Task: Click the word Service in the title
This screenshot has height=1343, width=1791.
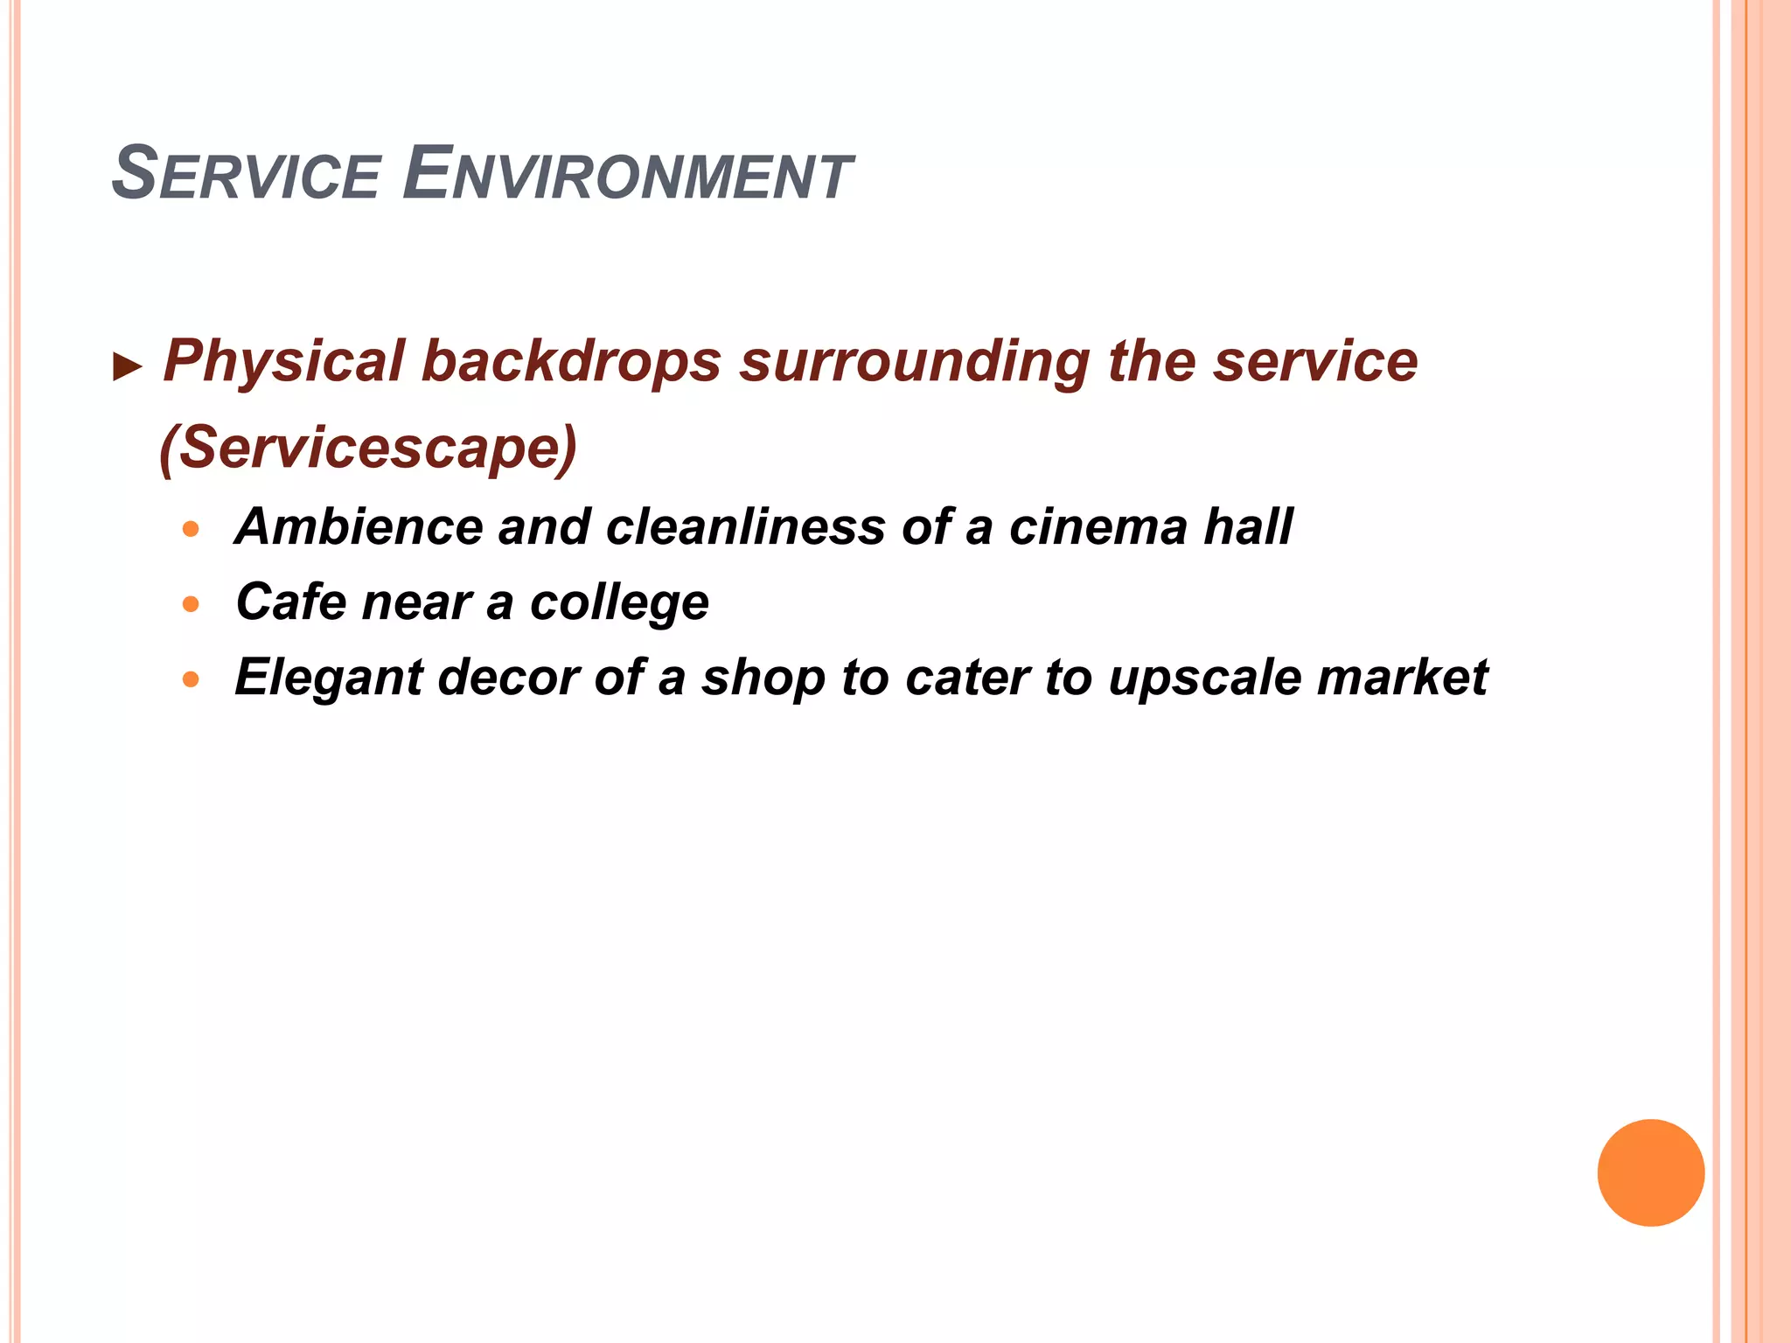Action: coord(246,175)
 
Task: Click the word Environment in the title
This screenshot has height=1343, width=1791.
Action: coord(626,175)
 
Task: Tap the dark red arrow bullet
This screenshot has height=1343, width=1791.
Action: coord(128,367)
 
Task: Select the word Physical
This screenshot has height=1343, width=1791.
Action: coord(283,361)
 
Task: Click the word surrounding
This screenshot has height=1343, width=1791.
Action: coord(915,361)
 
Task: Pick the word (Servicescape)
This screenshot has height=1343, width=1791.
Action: coord(368,448)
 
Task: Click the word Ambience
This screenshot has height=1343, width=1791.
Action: coord(358,526)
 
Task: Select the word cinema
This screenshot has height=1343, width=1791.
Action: coord(1097,526)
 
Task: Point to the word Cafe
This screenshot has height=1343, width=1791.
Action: coord(290,602)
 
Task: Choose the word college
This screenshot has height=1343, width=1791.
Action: coord(619,603)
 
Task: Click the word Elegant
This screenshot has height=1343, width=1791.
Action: coord(328,678)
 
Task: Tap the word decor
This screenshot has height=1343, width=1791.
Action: coord(508,677)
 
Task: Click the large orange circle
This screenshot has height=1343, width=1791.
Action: coord(1650,1173)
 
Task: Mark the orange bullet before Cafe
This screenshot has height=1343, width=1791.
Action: coord(192,603)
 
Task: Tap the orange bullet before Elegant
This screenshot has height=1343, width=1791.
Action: coord(192,678)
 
